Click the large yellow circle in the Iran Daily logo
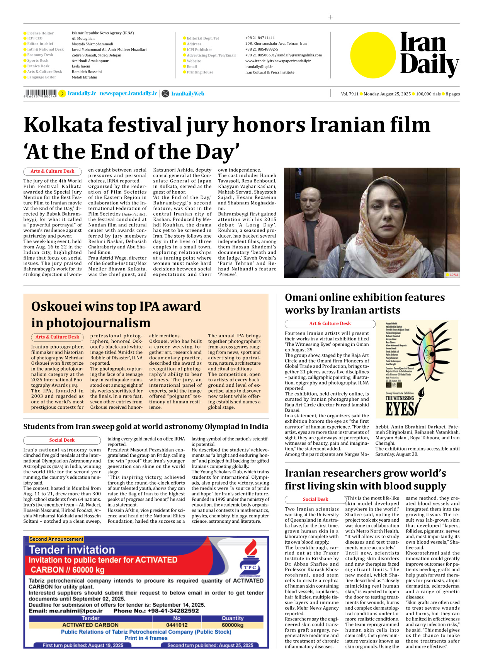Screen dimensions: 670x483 pos(373,55)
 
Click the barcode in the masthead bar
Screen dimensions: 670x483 pos(40,93)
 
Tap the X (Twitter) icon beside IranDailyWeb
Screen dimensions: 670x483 pos(165,94)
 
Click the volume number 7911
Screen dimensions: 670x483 pos(354,94)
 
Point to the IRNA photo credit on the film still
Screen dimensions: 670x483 pos(454,275)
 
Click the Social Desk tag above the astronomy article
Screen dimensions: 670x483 pos(62,440)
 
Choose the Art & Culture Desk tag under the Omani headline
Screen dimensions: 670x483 pos(330,324)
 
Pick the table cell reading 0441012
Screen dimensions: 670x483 pos(177,625)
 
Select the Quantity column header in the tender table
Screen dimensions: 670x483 pos(233,618)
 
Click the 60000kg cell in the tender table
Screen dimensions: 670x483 pos(233,625)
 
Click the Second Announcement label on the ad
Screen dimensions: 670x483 pos(56,539)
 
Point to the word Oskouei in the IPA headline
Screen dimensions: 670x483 pos(56,307)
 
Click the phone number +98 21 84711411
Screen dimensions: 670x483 pos(260,38)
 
